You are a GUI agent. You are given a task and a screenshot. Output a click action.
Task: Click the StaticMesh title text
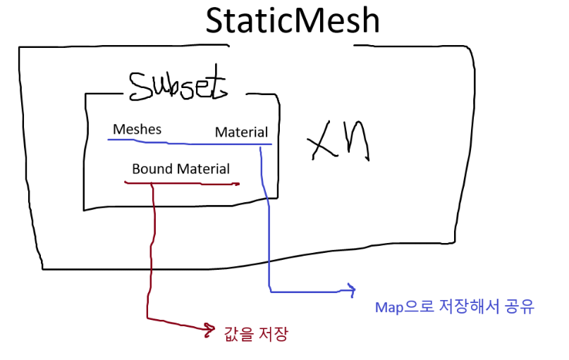click(x=292, y=20)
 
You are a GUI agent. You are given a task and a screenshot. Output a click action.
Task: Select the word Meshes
click(x=137, y=129)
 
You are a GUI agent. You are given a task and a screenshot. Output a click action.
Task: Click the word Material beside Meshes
click(x=241, y=132)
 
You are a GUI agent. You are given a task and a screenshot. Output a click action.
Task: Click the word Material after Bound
click(x=203, y=169)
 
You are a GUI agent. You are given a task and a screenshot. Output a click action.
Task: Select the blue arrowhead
click(x=349, y=289)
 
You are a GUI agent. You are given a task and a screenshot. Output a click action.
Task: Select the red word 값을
click(x=236, y=335)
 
